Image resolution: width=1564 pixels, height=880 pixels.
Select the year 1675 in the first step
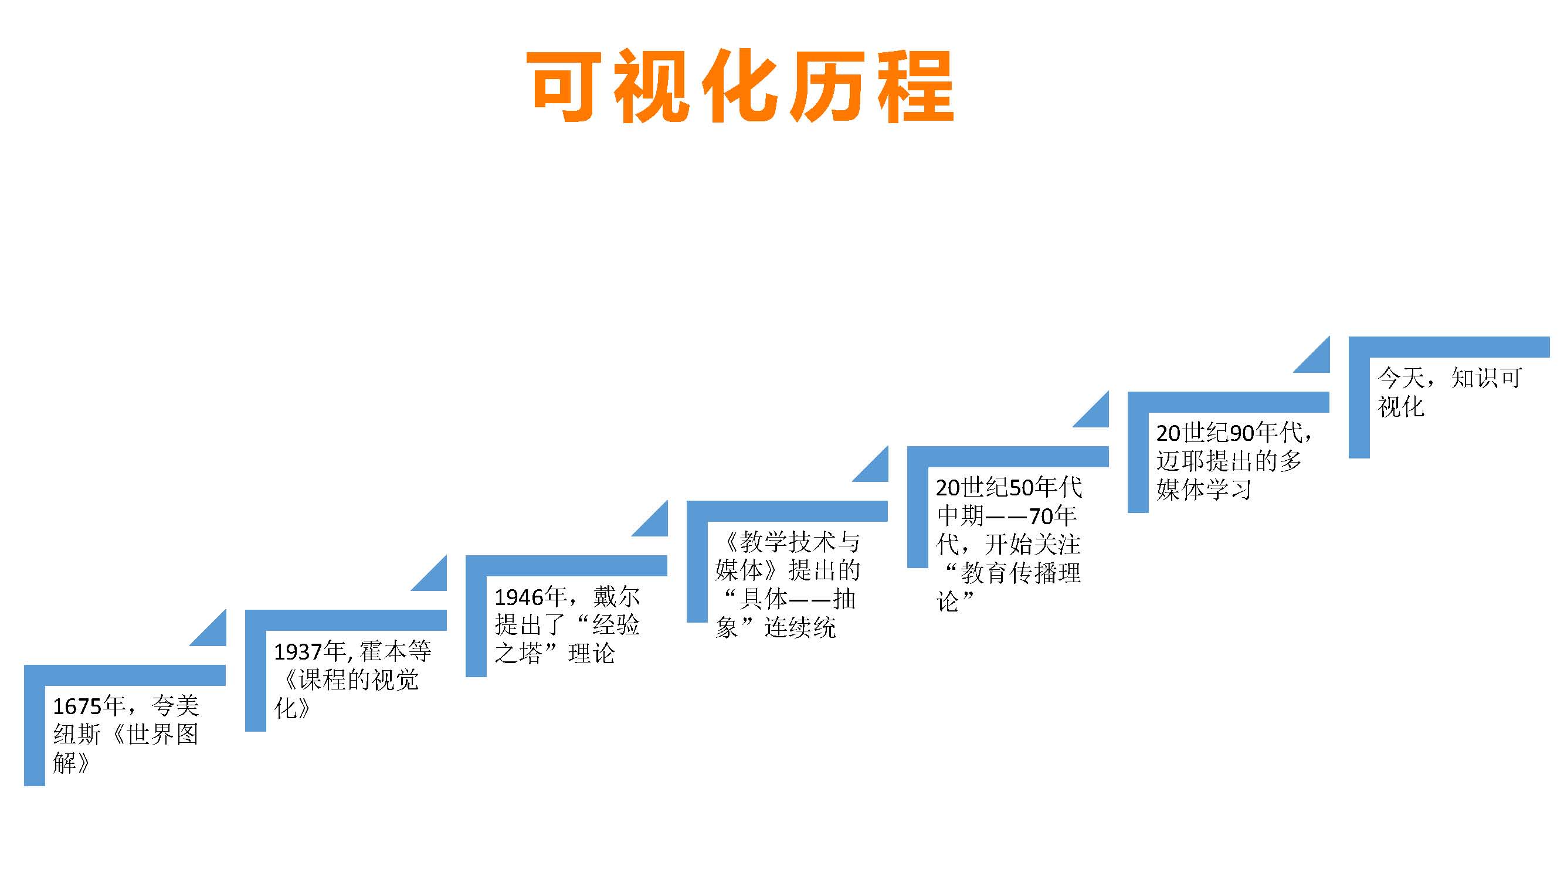click(77, 706)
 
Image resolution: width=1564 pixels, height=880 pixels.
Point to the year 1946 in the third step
click(518, 597)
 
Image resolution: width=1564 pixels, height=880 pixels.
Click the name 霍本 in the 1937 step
click(383, 652)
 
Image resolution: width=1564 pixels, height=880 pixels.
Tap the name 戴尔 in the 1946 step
click(616, 597)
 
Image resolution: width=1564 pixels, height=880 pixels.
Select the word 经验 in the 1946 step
click(616, 625)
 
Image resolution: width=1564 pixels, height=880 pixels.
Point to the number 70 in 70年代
click(1041, 516)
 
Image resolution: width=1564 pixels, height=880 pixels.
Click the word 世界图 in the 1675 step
click(162, 735)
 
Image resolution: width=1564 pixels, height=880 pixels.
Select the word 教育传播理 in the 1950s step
click(1020, 573)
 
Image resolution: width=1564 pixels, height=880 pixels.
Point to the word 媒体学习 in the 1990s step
click(1204, 489)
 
